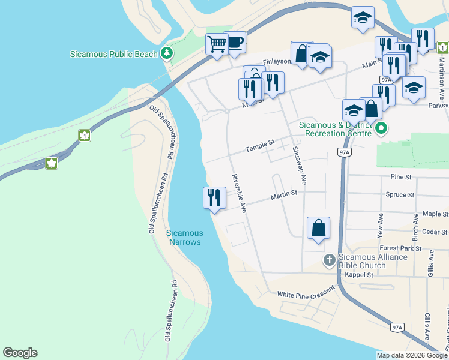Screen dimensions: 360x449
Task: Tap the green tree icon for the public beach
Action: click(x=167, y=53)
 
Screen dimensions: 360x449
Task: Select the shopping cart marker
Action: click(x=216, y=44)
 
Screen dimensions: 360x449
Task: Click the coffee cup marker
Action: click(x=234, y=42)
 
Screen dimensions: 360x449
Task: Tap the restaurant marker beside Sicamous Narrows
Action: click(x=214, y=197)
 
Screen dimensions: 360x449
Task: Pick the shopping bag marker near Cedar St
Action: click(x=318, y=228)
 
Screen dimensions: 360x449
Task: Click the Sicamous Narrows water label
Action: click(x=184, y=237)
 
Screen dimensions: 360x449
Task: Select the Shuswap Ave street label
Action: click(x=299, y=165)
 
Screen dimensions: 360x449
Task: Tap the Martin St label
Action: click(x=283, y=194)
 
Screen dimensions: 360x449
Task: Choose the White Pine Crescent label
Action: click(x=305, y=294)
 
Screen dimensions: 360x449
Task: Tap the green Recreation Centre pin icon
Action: click(x=381, y=128)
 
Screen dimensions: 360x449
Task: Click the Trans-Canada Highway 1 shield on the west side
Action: click(x=85, y=136)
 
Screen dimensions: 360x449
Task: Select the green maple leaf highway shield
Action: click(x=52, y=163)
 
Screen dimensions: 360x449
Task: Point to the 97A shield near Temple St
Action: click(x=344, y=153)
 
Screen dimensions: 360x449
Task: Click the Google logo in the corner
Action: click(x=20, y=353)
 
